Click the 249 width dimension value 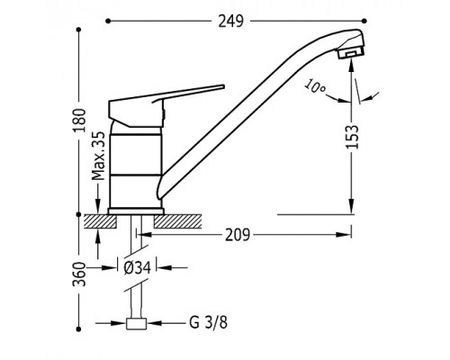tap(230, 22)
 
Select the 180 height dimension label tap(80, 121)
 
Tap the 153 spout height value tap(352, 137)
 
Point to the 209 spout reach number tap(238, 235)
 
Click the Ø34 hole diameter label tap(137, 266)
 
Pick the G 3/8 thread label tap(209, 323)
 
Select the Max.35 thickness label tap(98, 156)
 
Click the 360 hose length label tap(80, 274)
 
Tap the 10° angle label tap(314, 86)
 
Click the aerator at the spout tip tap(351, 53)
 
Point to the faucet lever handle tap(166, 105)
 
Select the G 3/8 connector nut tap(136, 324)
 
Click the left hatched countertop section tap(100, 221)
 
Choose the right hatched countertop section tap(177, 221)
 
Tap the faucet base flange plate tap(136, 211)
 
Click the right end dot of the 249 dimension tap(364, 21)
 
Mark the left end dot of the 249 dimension tap(108, 21)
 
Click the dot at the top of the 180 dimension tap(79, 30)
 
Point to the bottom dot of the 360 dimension tap(79, 329)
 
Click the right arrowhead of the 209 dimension tap(344, 235)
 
